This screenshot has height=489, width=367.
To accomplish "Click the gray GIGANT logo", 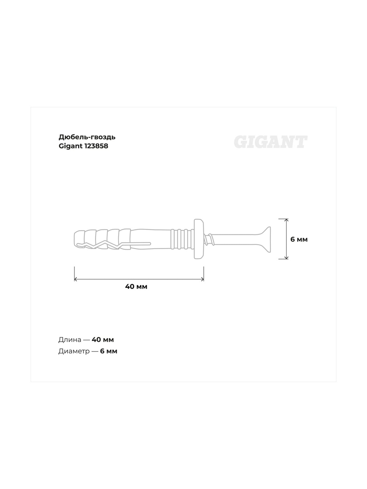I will tap(270, 142).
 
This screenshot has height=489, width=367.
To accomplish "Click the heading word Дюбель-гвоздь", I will tap(87, 137).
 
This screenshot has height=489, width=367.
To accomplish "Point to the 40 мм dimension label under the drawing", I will tap(136, 287).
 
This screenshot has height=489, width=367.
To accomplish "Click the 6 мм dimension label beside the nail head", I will tap(299, 239).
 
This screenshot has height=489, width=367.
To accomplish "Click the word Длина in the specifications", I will tap(70, 340).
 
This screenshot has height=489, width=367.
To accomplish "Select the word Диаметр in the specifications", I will tap(74, 351).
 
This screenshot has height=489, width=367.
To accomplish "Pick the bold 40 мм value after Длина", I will tap(103, 340).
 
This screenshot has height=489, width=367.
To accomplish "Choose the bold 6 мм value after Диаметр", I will tap(109, 351).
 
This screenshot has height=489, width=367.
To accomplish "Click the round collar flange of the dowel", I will tap(198, 239).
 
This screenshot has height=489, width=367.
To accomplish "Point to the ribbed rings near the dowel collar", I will tap(182, 239).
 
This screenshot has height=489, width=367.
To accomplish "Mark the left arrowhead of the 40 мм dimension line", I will tap(75, 279).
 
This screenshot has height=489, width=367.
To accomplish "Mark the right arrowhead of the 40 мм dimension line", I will tap(202, 279).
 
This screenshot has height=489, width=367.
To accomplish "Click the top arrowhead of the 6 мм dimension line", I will tap(287, 220).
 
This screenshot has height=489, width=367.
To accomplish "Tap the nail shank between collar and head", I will tap(235, 239).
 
